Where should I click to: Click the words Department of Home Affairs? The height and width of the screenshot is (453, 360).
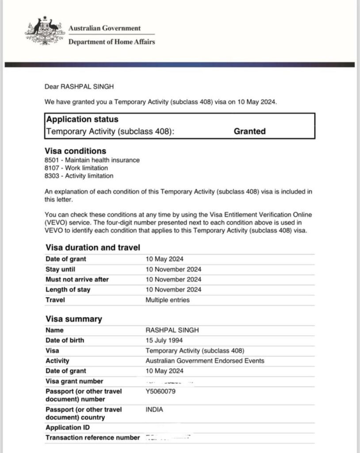click(111, 42)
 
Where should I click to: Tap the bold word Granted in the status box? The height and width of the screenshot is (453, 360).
click(249, 131)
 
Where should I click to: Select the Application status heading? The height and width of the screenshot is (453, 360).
click(82, 119)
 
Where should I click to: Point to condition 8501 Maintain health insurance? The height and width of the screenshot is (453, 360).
click(92, 160)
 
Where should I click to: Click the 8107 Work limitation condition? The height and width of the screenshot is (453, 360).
click(77, 168)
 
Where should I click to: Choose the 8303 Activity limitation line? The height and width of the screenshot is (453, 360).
click(79, 176)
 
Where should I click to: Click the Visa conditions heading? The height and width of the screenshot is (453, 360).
click(76, 151)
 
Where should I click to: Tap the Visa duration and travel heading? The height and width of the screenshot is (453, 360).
click(93, 248)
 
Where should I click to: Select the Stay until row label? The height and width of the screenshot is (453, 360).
click(61, 269)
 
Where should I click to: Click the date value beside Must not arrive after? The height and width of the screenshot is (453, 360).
click(173, 280)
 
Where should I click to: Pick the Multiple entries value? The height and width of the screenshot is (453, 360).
click(167, 300)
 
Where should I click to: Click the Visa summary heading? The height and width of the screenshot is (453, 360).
click(73, 319)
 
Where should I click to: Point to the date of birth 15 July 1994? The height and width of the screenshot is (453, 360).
click(165, 340)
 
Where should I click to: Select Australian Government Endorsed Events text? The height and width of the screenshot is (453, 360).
click(205, 361)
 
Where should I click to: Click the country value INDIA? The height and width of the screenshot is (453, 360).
click(154, 410)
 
